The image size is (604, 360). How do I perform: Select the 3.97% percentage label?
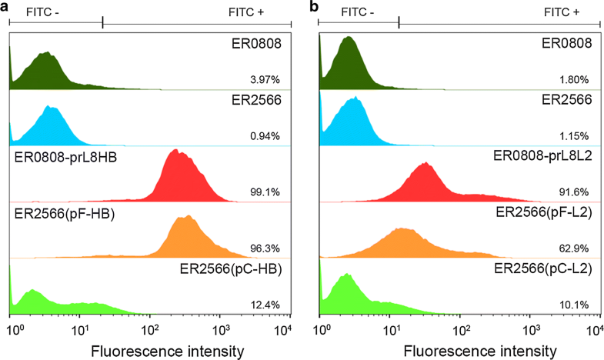coord(265,79)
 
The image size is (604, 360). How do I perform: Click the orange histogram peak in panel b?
coord(400,230)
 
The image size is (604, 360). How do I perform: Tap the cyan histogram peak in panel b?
coord(355,99)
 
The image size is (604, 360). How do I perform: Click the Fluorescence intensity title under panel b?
coord(459,351)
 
